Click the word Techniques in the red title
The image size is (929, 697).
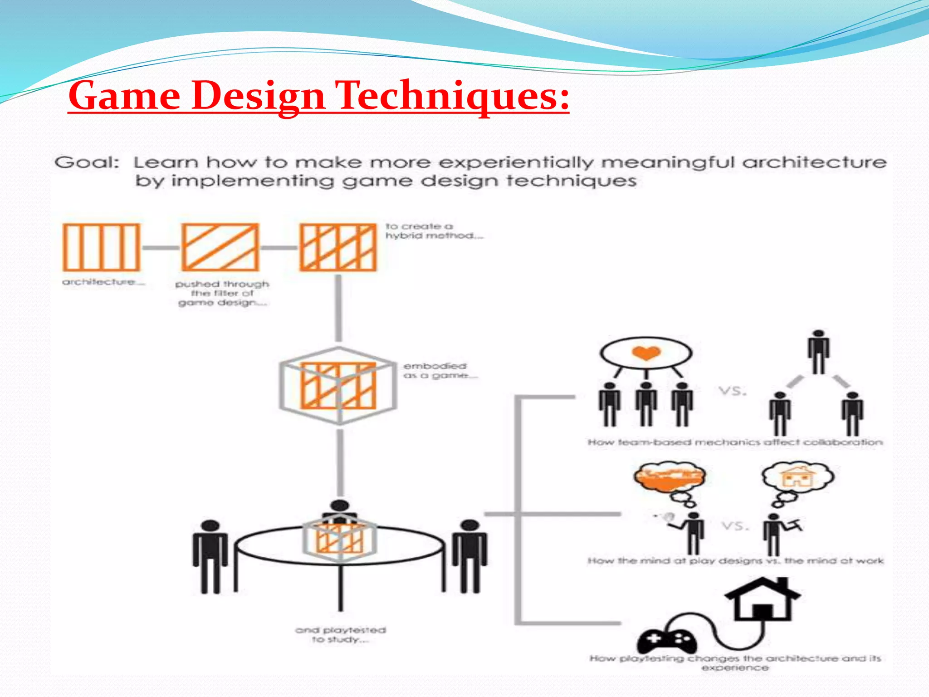coord(454,96)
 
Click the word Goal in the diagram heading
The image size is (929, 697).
coord(86,162)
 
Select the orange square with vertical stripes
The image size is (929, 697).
coord(101,247)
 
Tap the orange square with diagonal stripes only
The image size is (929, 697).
coord(220,247)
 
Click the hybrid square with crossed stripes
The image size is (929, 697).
coord(338,247)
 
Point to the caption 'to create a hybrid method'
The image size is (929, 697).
coord(433,231)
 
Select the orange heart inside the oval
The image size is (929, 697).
coord(646,353)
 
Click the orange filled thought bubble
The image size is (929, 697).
coord(670,478)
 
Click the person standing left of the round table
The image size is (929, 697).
coord(210,556)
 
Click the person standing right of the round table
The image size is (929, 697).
coord(470,555)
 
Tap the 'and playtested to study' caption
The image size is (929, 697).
coord(340,634)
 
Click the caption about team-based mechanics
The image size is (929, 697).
coord(735,442)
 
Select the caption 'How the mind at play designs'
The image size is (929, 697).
coord(735,561)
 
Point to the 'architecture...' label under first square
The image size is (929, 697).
coord(103,282)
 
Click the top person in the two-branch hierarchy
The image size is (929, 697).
coord(818,352)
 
